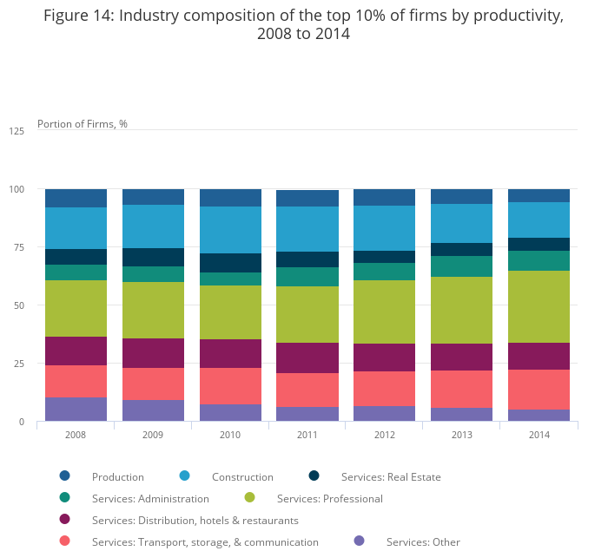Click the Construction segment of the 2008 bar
point(76,228)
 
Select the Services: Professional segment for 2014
point(539,306)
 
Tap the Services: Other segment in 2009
point(153,410)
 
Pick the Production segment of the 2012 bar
point(384,197)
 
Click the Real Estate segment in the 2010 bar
point(230,263)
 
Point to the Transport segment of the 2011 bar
point(307,390)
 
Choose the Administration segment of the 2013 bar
point(461,266)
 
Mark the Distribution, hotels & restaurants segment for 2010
point(230,353)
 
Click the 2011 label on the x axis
point(307,433)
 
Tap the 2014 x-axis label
point(539,433)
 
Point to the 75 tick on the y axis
point(17,247)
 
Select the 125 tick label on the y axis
point(16,131)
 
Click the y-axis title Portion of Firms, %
point(83,124)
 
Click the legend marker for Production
point(64,476)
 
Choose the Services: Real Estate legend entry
point(390,476)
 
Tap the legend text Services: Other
point(423,542)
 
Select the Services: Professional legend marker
point(250,498)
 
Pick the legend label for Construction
point(242,476)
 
